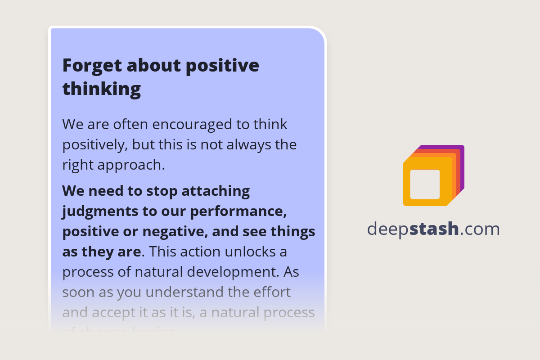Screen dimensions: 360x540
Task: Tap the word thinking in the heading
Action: pos(101,89)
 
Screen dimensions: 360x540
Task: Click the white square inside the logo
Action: pos(425,184)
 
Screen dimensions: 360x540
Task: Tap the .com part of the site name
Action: pos(480,229)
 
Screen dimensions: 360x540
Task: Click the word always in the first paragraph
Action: pos(243,145)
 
